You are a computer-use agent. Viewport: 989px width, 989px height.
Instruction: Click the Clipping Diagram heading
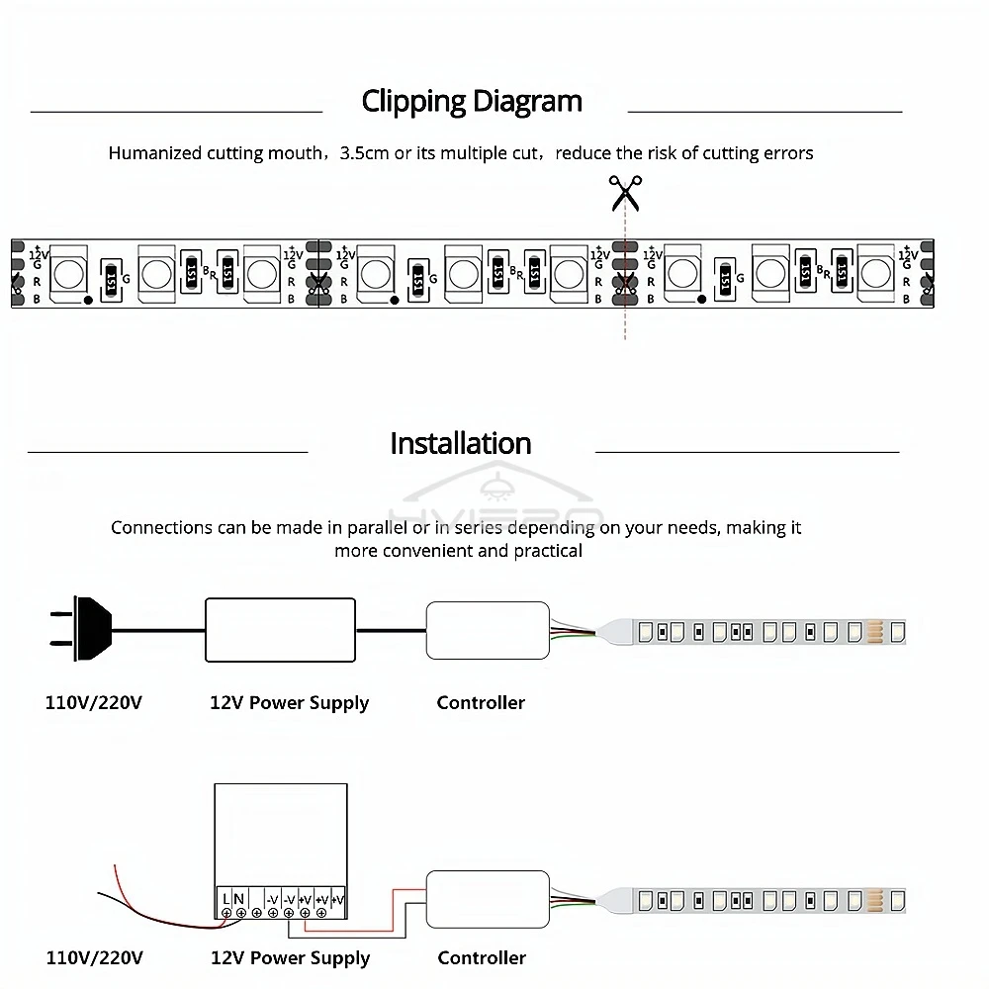[472, 101]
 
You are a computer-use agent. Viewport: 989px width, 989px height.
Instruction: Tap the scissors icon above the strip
[625, 192]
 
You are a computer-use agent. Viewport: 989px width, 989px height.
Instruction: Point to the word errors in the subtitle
[788, 153]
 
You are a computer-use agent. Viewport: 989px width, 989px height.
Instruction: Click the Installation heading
[461, 443]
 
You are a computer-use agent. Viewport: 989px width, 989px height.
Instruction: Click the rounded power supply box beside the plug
[280, 629]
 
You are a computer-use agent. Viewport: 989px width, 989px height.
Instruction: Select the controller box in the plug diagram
[488, 630]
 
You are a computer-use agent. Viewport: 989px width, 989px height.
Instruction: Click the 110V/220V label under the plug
[94, 703]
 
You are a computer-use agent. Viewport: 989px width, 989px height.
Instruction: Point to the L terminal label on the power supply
[227, 899]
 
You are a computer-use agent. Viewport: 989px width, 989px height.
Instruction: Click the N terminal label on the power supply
[239, 899]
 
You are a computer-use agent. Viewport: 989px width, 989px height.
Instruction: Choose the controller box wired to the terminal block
[488, 899]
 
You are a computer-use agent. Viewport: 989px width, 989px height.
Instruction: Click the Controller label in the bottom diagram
[482, 957]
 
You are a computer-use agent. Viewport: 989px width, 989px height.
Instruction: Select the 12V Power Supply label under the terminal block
[290, 957]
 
